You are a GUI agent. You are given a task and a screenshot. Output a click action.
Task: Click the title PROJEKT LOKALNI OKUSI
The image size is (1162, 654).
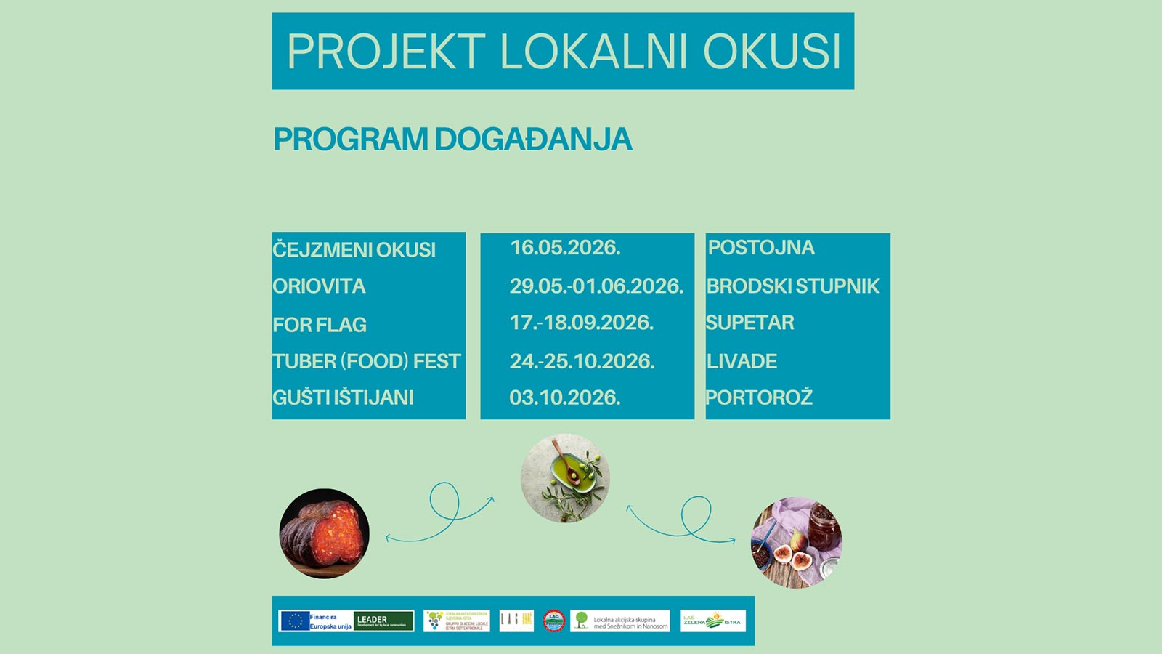tap(563, 52)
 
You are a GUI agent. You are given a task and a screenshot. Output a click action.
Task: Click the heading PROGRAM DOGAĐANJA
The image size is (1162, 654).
tap(452, 140)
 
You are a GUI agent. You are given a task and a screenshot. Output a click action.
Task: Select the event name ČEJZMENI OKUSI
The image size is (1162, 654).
tap(354, 250)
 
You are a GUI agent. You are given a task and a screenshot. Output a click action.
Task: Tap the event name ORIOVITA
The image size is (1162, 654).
tap(319, 286)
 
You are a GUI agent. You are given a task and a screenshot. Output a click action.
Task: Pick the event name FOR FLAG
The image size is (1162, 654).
tap(320, 325)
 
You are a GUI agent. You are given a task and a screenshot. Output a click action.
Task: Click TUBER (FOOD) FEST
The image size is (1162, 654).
tap(367, 361)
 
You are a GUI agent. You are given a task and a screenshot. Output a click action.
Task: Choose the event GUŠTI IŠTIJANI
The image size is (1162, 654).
tap(343, 397)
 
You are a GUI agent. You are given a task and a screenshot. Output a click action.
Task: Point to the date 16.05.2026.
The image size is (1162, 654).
tap(565, 248)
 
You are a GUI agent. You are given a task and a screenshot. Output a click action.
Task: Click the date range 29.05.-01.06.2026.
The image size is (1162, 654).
tap(596, 286)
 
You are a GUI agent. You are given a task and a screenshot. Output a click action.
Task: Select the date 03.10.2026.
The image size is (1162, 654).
tap(565, 397)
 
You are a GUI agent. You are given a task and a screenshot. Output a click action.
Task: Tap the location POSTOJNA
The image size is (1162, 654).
tap(761, 248)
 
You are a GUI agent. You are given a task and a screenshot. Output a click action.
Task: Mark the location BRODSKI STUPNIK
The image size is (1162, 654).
tap(792, 286)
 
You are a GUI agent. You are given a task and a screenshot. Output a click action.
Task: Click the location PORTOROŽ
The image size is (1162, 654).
tap(759, 397)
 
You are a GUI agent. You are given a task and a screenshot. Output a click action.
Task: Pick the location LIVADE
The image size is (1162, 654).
tap(742, 361)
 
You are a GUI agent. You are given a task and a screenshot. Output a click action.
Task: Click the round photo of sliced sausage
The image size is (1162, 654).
tap(325, 533)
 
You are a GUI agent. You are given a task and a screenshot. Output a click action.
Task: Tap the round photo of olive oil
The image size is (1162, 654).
tap(565, 478)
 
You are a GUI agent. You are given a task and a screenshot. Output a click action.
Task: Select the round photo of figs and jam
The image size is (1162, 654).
tap(796, 543)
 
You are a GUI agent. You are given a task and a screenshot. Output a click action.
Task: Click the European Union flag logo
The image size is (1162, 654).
tap(294, 621)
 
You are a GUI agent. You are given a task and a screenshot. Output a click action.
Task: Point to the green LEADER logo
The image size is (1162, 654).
tap(383, 621)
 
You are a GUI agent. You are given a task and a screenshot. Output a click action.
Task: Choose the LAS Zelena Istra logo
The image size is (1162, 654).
tap(712, 621)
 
